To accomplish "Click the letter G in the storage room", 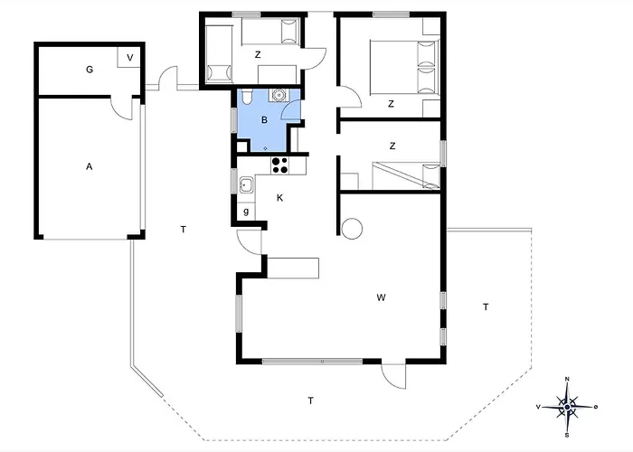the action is [x=90, y=70].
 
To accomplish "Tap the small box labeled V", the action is [x=128, y=58].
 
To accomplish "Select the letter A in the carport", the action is [x=90, y=166].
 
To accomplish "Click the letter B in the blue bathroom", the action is [x=264, y=120].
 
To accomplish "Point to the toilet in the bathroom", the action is [x=247, y=96].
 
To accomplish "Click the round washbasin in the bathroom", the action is [x=279, y=95].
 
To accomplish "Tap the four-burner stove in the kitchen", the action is [x=279, y=165].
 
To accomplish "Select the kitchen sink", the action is [x=246, y=185].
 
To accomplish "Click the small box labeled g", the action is [x=246, y=211].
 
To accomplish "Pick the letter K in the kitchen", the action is [x=279, y=198].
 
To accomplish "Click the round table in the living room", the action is [x=352, y=229].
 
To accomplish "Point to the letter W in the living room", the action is [x=381, y=297].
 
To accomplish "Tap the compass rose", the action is [x=567, y=407].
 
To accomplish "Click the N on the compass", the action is [x=567, y=379].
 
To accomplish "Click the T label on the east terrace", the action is [x=486, y=307].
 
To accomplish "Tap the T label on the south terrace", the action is [x=310, y=400].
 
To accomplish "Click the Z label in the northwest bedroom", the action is [x=258, y=54].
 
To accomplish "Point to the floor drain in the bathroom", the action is [x=265, y=148].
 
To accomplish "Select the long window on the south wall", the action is [x=312, y=362].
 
